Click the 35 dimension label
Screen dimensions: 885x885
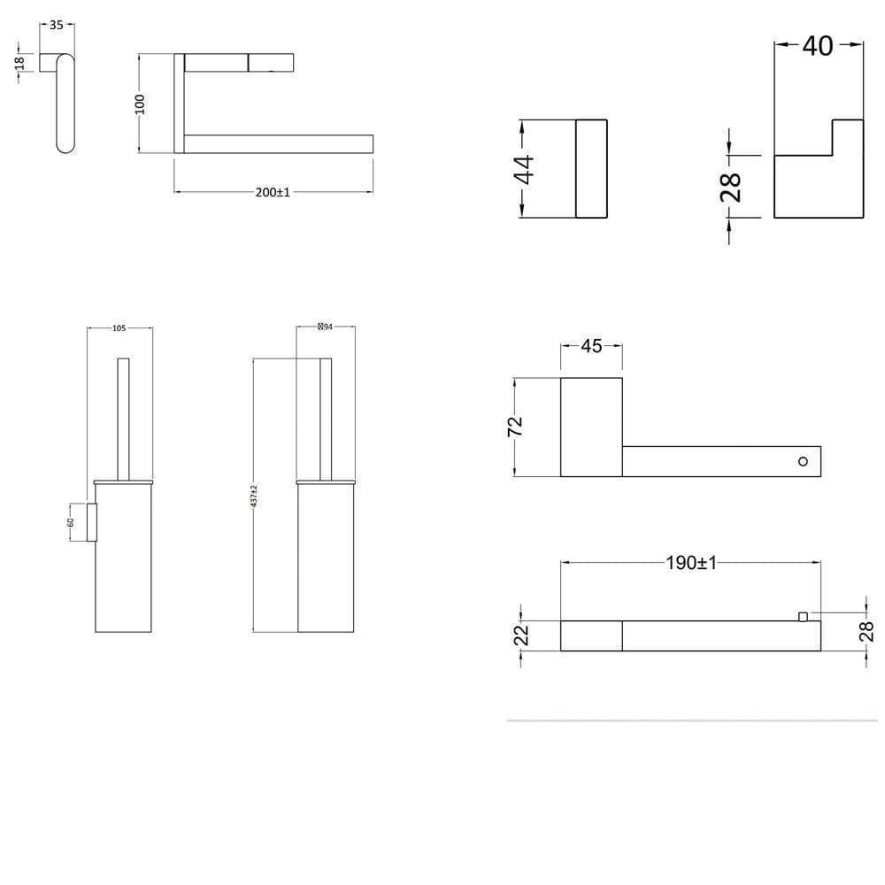(x=57, y=25)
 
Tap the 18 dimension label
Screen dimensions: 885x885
(x=19, y=65)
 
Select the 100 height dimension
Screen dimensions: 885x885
(x=139, y=104)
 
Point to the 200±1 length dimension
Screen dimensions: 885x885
(x=273, y=192)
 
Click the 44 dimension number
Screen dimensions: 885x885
(x=525, y=169)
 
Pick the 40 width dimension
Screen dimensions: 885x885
(x=818, y=45)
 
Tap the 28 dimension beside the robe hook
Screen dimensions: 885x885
(x=731, y=187)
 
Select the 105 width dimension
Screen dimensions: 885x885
(x=119, y=328)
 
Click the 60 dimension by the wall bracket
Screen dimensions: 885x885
(x=71, y=522)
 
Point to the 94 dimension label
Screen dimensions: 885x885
(x=325, y=327)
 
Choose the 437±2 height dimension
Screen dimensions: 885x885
(x=254, y=496)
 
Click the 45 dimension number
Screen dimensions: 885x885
(x=591, y=346)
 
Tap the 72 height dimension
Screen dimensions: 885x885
(x=516, y=426)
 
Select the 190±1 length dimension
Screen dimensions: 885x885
(x=691, y=563)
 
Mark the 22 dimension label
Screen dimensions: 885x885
(x=522, y=635)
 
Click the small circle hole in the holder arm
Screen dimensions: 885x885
(x=803, y=461)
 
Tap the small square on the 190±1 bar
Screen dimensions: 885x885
(x=804, y=616)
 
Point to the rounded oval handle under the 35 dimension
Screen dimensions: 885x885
(x=65, y=104)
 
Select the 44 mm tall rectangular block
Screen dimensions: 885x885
(x=591, y=169)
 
